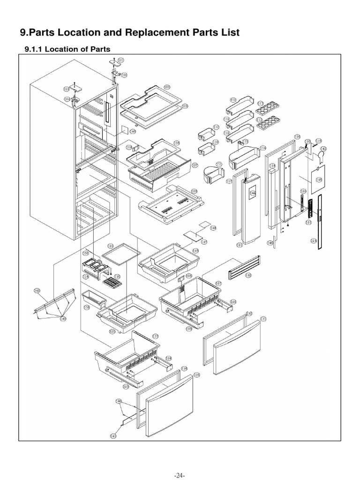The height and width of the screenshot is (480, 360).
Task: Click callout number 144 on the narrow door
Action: pyautogui.click(x=253, y=193)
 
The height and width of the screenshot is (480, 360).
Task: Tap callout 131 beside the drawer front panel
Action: pyautogui.click(x=263, y=319)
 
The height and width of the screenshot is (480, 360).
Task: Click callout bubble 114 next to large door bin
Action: pyautogui.click(x=262, y=148)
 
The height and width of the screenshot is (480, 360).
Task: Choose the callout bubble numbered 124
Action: pyautogui.click(x=314, y=240)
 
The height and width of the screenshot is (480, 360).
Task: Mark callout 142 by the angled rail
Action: pyautogui.click(x=37, y=291)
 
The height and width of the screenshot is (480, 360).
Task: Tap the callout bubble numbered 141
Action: pyautogui.click(x=113, y=435)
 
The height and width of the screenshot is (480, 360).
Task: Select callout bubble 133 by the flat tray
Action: pyautogui.click(x=111, y=246)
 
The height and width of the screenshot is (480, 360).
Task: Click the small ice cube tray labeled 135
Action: pyautogui.click(x=111, y=283)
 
